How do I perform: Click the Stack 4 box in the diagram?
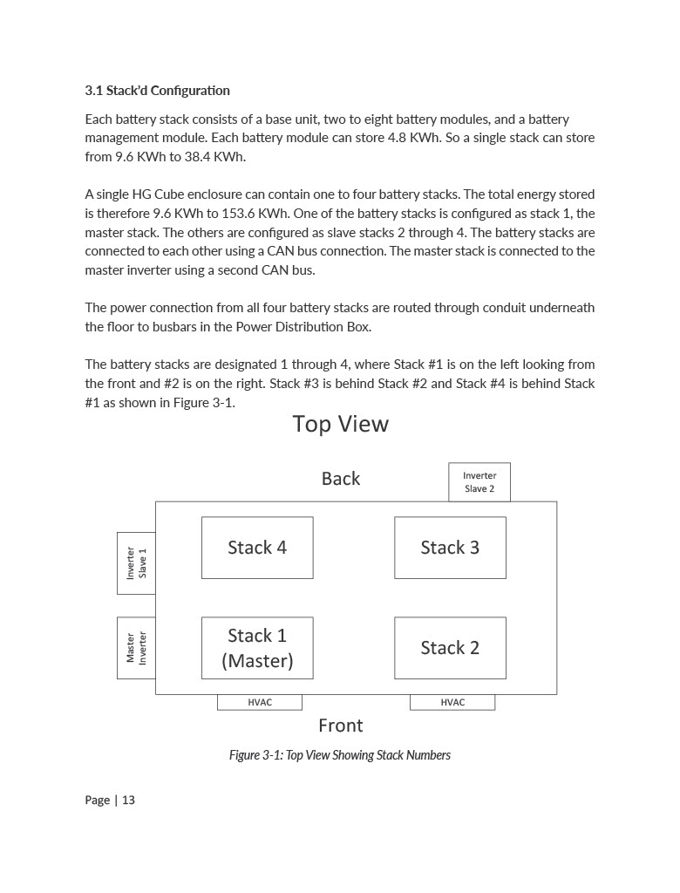257,548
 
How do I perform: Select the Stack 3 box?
450,548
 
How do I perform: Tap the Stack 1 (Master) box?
257,648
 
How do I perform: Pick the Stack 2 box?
450,648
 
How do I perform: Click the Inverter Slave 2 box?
479,482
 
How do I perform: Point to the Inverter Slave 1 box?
136,563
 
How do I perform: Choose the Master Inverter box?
136,648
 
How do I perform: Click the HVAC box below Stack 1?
260,703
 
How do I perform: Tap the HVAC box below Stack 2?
452,703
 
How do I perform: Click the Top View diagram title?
340,425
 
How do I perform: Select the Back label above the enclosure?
340,479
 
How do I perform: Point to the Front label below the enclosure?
340,726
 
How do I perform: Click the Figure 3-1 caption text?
340,755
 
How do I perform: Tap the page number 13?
128,801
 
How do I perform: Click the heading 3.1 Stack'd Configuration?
157,91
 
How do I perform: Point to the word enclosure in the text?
205,194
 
